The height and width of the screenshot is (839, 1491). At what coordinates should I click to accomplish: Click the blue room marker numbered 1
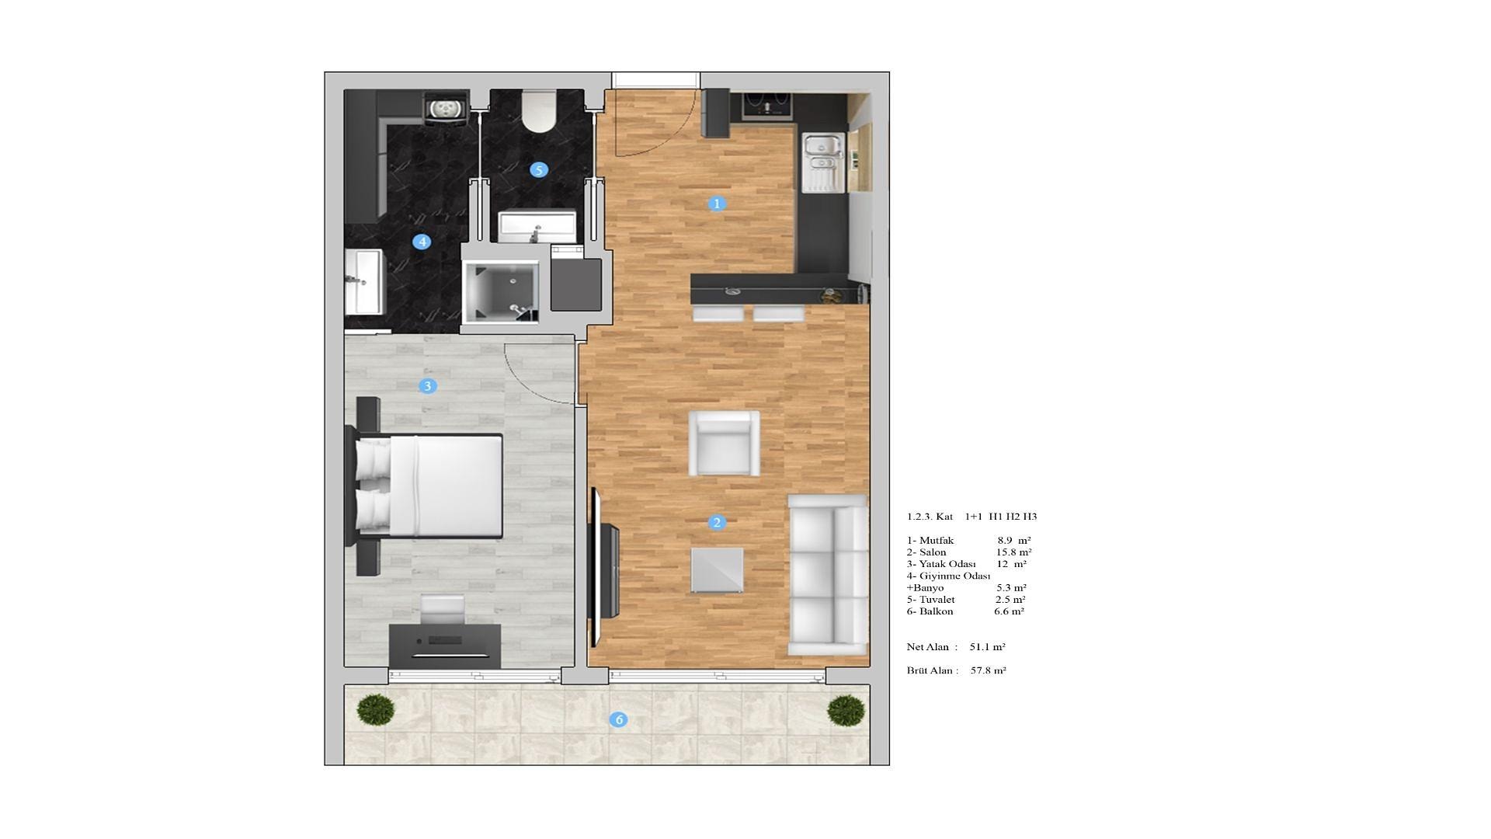[x=717, y=204]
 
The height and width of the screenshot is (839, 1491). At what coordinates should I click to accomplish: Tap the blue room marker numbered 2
[x=717, y=523]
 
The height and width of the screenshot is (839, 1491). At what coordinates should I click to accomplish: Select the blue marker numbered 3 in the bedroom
[x=427, y=386]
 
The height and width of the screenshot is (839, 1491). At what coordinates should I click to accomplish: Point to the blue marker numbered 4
[x=422, y=242]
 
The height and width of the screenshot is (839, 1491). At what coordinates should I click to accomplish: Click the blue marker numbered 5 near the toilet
[x=539, y=170]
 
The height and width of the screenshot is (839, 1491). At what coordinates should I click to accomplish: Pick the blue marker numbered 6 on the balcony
[x=619, y=720]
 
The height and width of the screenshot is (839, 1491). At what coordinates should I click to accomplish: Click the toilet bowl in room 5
[x=539, y=110]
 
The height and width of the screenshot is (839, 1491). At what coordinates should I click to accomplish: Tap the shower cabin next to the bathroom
[x=501, y=291]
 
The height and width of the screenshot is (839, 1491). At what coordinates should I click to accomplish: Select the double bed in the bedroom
[x=429, y=486]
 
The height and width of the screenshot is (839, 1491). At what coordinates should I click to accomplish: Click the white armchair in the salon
[x=725, y=443]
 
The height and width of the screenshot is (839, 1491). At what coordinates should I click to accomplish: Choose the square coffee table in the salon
[x=717, y=571]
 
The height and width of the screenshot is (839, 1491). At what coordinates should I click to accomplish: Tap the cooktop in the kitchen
[x=767, y=105]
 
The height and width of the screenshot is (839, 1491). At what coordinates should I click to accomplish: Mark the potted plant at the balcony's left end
[x=376, y=709]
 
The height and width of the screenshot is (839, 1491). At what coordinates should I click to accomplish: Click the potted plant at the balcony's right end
[x=846, y=710]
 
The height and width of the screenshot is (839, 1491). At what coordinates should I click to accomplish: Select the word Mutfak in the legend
[x=937, y=541]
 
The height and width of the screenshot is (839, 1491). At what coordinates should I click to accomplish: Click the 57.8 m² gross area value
[x=989, y=670]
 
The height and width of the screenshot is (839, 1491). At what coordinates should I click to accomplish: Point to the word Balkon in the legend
[x=936, y=611]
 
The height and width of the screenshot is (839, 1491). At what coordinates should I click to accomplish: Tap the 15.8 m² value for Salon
[x=1014, y=552]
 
